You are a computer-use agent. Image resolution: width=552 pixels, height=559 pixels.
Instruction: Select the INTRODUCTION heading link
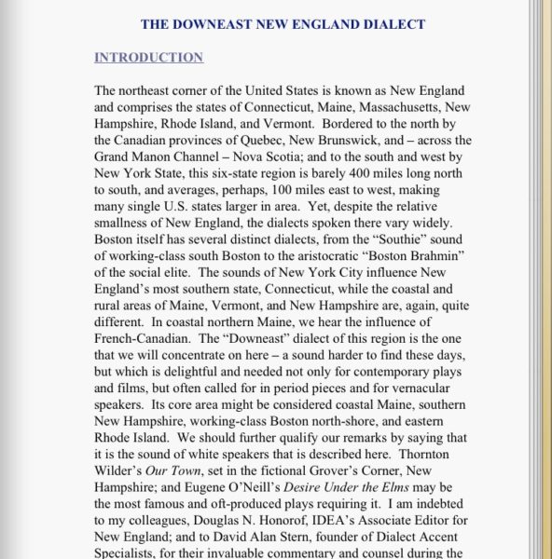point(148,58)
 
